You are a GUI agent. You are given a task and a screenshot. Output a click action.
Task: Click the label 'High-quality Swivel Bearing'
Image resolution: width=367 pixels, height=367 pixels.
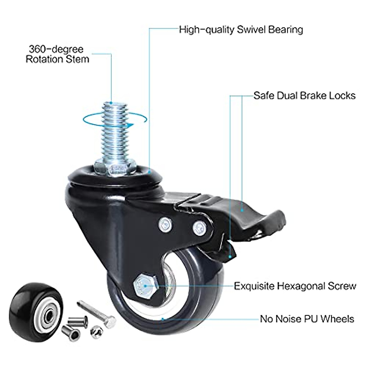tap(241, 30)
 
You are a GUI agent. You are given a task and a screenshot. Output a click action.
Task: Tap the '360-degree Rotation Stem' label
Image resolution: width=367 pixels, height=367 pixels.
tap(57, 54)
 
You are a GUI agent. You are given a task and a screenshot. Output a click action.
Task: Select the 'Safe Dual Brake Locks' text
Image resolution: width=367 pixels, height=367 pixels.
tap(304, 95)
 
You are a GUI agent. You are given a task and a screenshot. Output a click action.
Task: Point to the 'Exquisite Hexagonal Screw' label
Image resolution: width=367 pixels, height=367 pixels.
tap(295, 286)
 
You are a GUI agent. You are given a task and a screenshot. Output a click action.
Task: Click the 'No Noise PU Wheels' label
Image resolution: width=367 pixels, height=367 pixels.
tap(307, 319)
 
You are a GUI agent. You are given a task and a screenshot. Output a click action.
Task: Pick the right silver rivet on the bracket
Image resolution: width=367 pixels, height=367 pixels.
tap(199, 227)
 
